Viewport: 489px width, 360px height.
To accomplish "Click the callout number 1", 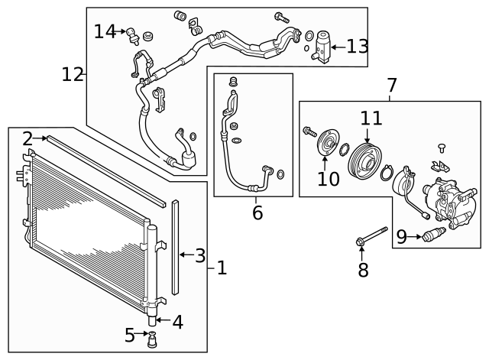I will pyautogui.click(x=221, y=268).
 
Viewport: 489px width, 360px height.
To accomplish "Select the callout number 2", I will pyautogui.click(x=28, y=138).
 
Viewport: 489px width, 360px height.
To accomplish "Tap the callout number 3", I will pyautogui.click(x=199, y=255).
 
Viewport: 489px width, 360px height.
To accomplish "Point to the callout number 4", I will pyautogui.click(x=177, y=322).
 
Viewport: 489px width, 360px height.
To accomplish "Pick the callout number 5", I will pyautogui.click(x=130, y=335).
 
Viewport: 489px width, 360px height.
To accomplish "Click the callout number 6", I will pyautogui.click(x=257, y=213).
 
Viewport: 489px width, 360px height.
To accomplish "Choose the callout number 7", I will pyautogui.click(x=391, y=85).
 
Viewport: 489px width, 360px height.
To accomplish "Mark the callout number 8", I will pyautogui.click(x=363, y=269).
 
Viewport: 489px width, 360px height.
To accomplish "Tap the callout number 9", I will pyautogui.click(x=401, y=238).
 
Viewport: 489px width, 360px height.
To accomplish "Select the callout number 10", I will pyautogui.click(x=328, y=179).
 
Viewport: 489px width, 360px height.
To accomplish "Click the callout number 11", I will pyautogui.click(x=371, y=118).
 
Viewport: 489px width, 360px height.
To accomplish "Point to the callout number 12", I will pyautogui.click(x=73, y=74).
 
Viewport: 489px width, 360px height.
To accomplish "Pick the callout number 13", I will pyautogui.click(x=357, y=47).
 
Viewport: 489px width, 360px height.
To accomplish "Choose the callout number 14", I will pyautogui.click(x=105, y=31).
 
